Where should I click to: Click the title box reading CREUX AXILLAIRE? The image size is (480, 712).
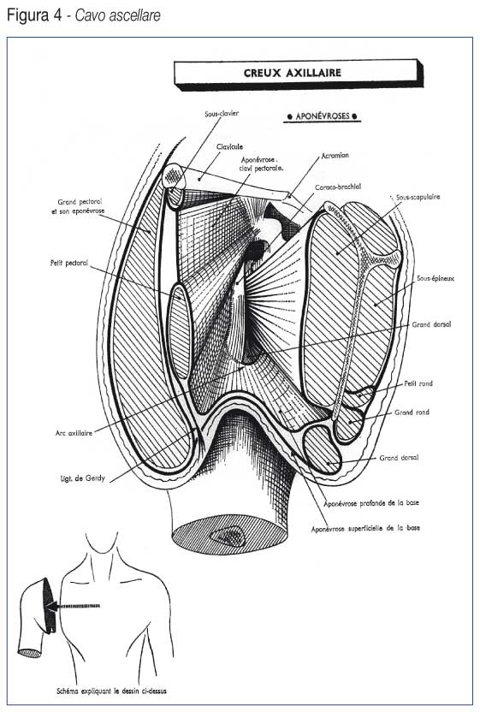coord(299,73)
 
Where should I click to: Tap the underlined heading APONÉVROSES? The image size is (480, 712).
coord(323,116)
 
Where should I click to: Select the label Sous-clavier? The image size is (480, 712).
coord(222,114)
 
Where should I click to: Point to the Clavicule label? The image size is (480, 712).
coord(230,146)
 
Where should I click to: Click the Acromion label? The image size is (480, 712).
coord(335,155)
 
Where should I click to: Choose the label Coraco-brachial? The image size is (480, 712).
coord(338,187)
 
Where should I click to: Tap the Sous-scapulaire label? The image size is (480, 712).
coord(418,197)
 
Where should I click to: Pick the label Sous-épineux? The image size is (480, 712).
coord(436,278)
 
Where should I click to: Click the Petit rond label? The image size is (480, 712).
coord(418,383)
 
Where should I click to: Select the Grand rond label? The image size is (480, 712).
coord(412,412)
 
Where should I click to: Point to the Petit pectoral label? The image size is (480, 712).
coord(69,263)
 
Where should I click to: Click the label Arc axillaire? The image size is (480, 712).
coord(74,433)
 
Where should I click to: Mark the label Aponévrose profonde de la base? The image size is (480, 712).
coord(371,503)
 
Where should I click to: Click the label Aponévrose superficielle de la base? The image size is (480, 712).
coord(365,529)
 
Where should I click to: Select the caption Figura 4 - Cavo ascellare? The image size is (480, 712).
coord(84,15)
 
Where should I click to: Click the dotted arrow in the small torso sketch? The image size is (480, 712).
coord(74,606)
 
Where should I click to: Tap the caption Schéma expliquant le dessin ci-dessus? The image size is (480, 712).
coord(112,691)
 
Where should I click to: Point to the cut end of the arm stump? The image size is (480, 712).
coord(229,536)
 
